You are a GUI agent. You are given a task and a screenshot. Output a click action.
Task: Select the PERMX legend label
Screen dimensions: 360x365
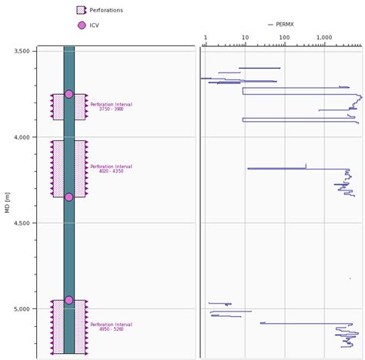point(286,25)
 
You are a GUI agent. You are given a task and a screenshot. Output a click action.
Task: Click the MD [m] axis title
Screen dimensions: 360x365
point(8,202)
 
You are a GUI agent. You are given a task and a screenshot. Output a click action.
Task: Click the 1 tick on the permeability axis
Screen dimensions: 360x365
point(206,37)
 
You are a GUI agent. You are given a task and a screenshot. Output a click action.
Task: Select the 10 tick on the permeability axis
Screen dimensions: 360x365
point(245,37)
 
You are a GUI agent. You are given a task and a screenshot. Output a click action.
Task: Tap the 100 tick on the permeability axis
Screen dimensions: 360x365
point(284,37)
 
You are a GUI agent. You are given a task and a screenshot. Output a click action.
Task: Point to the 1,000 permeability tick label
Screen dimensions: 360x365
point(324,37)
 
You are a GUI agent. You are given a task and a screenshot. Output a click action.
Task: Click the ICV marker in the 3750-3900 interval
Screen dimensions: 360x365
point(69,94)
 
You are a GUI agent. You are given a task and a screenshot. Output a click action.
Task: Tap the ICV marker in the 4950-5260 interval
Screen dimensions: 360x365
point(69,300)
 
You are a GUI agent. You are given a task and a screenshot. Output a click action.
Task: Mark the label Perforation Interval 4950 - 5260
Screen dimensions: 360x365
point(111,327)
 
